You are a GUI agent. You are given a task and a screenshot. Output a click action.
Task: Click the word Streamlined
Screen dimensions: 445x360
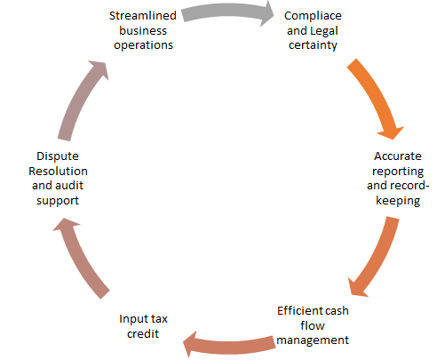coord(143,16)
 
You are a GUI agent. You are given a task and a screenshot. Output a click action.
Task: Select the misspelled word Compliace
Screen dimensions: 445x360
coord(313,16)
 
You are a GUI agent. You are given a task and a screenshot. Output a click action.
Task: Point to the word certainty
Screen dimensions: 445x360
coord(313,45)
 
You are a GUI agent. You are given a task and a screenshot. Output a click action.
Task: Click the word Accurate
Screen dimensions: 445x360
coord(398,156)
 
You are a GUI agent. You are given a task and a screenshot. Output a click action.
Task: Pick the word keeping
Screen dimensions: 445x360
coord(398,201)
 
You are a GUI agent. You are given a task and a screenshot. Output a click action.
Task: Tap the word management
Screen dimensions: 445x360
coord(313,340)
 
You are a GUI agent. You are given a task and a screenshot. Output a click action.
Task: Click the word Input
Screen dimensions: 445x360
coord(131,319)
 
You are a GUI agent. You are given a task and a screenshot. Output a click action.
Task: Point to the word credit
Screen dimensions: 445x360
coord(143,333)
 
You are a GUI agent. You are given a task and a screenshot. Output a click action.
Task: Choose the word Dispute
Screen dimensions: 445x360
coord(58,156)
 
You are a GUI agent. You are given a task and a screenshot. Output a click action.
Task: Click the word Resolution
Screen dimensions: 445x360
coord(58,171)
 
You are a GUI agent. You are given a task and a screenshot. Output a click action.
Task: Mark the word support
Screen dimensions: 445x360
coord(58,201)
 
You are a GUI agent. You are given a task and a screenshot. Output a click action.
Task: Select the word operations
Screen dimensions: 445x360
coord(143,45)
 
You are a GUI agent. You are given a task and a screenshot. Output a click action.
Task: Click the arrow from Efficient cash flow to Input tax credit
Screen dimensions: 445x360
coord(228,346)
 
